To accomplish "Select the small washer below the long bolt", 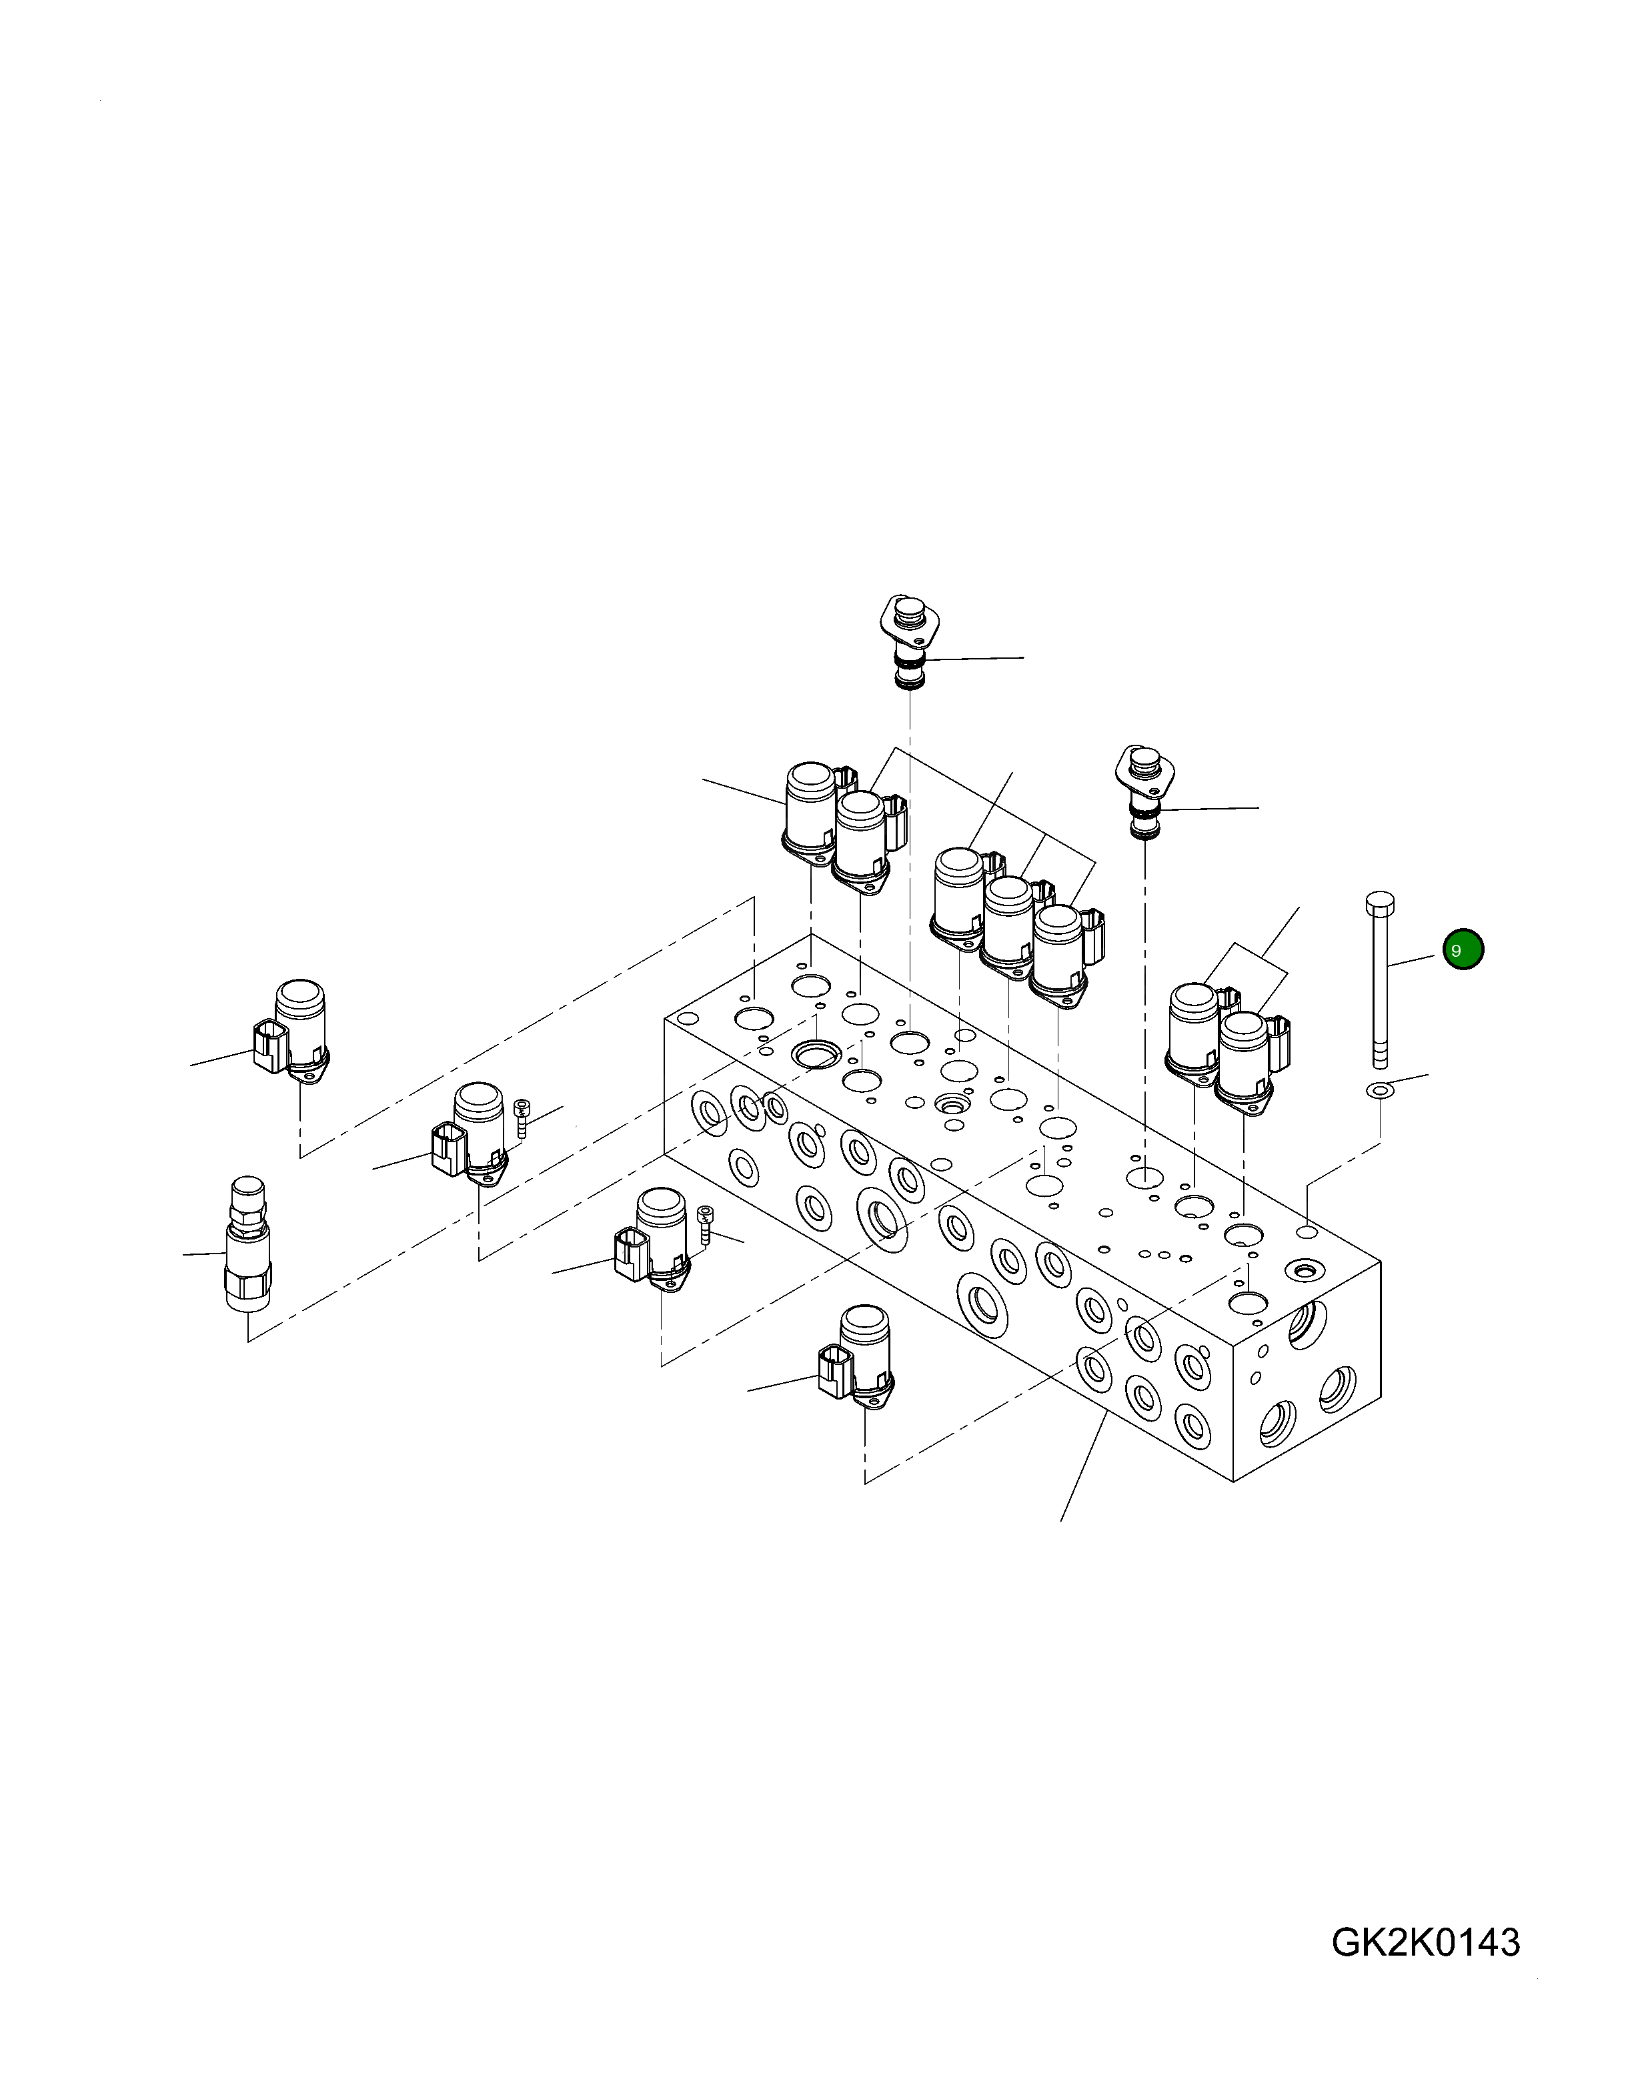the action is tap(1380, 1090).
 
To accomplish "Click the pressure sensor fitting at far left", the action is tap(247, 1243).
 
